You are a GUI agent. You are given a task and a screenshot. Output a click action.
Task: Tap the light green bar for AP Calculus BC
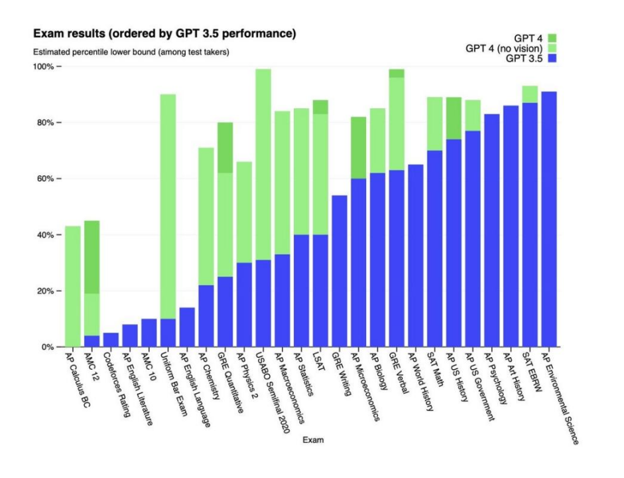point(73,286)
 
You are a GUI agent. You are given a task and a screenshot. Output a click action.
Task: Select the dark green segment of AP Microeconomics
point(359,148)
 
